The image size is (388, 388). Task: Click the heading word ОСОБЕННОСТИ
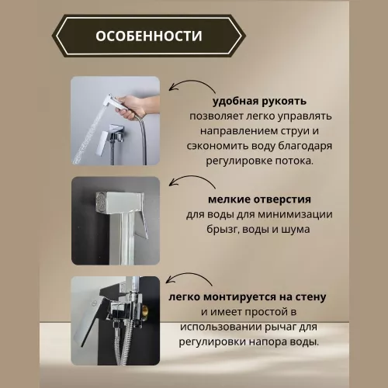coord(150,36)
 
